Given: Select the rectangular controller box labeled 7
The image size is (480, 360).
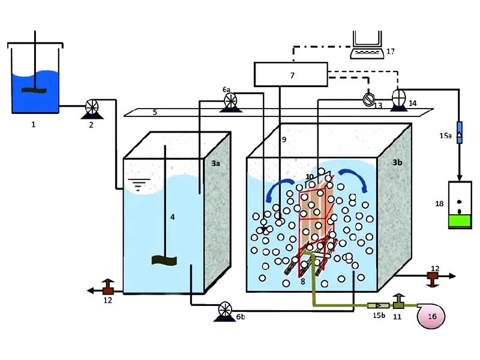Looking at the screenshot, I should pos(292,74).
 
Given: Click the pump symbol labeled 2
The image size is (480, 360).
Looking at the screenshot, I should pos(92,106).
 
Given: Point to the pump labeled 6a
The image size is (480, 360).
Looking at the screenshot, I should pos(229,101).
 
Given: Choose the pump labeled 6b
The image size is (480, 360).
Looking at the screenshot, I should pos(225,309).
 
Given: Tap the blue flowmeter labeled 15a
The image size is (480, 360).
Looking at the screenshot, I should pos(459,131).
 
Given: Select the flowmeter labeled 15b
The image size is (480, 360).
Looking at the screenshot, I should pos(376,305).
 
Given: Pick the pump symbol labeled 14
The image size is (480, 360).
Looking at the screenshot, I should pos(398,97).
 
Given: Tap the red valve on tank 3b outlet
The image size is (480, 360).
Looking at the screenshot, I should pos(432,277).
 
